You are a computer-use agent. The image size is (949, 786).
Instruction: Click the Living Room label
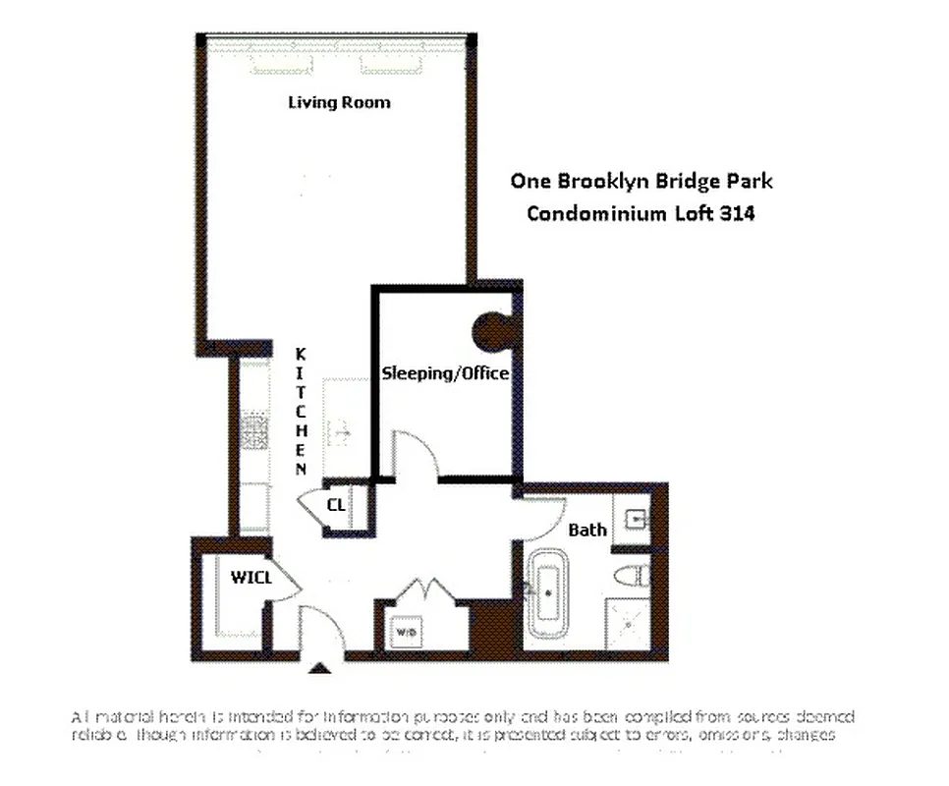[338, 102]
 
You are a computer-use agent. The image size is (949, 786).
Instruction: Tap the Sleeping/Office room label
[445, 373]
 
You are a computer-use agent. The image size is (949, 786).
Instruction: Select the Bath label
[587, 530]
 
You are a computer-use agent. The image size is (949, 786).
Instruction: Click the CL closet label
[337, 505]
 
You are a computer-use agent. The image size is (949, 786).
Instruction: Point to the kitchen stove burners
[255, 430]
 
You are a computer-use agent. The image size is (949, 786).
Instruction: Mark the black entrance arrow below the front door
[318, 669]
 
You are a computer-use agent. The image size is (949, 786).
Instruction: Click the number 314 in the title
[737, 213]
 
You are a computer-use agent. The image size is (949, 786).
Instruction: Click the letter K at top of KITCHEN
[302, 354]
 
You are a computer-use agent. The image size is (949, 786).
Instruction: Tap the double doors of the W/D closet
[422, 594]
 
